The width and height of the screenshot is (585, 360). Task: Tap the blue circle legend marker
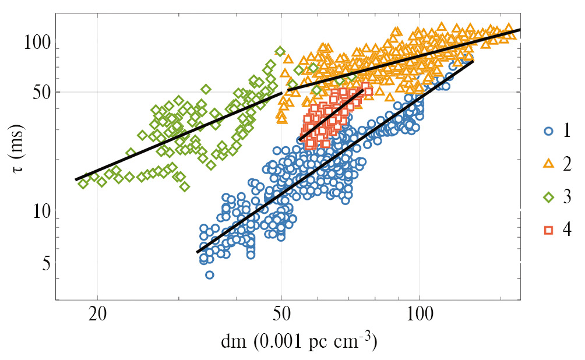[548, 131]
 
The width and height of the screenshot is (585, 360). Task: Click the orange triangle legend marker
[548, 164]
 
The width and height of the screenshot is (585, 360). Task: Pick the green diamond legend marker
[548, 197]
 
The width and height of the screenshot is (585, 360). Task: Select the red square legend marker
[548, 230]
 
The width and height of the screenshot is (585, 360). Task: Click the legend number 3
[566, 197]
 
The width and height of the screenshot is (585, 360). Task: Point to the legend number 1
[566, 131]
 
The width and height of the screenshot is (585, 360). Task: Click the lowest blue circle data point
[209, 274]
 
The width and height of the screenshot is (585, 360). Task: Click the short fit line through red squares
[332, 114]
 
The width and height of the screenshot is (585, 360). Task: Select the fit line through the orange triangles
[408, 59]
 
